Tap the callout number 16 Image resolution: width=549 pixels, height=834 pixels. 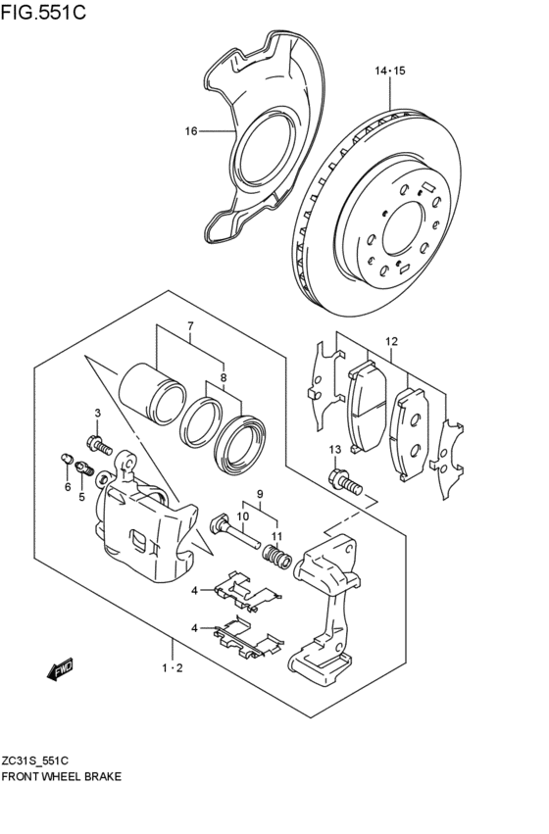pos(191,130)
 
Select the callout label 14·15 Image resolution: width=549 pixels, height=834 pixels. pos(389,71)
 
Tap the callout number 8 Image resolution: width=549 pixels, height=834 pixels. pos(223,376)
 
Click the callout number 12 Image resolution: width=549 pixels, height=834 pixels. pos(391,342)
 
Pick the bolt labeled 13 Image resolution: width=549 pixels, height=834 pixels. pos(344,481)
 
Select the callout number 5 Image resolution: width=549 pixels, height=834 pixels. pos(81,497)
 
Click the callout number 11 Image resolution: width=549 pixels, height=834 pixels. pos(277,536)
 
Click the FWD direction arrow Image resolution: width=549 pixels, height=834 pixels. pos(60,669)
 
